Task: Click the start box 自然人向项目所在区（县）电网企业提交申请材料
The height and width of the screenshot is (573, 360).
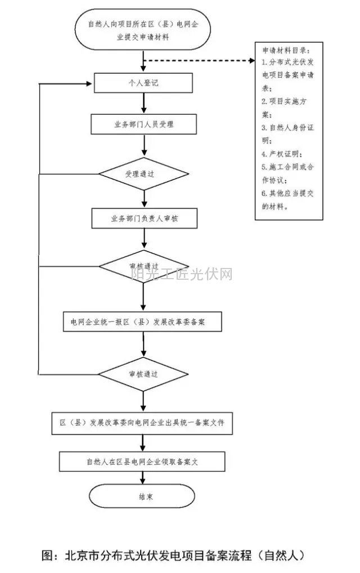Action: [145, 29]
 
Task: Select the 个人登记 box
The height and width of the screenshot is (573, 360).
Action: [145, 83]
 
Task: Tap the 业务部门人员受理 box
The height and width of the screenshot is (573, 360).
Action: [145, 124]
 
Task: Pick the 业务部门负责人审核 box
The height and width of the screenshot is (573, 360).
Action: [145, 218]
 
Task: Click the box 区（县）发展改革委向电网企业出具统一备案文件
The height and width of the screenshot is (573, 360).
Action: [145, 423]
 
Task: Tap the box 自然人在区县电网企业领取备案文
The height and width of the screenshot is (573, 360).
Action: [143, 462]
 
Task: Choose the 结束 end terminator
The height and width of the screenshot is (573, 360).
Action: [142, 496]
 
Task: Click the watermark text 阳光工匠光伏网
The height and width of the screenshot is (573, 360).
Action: [181, 274]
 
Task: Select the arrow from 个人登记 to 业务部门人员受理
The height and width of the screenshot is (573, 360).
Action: [145, 103]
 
